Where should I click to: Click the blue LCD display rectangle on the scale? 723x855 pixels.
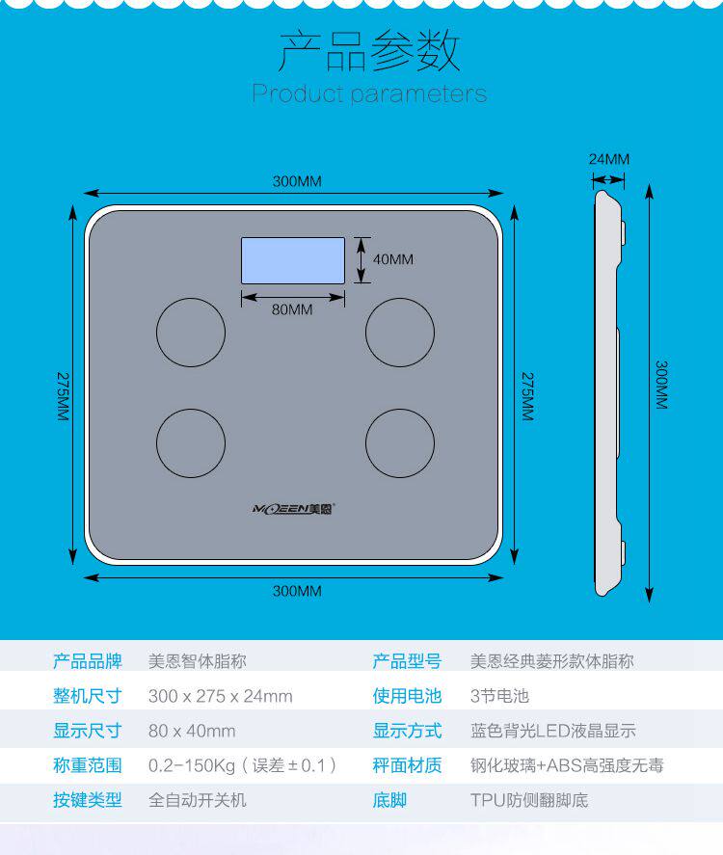point(292,260)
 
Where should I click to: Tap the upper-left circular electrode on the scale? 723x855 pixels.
point(191,333)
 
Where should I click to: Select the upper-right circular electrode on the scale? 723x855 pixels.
point(399,333)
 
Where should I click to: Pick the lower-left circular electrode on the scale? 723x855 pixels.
point(191,443)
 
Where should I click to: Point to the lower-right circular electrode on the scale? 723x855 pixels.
point(399,443)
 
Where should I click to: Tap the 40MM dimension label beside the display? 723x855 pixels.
point(392,259)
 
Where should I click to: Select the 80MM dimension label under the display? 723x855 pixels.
point(292,309)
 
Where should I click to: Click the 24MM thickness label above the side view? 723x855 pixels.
point(609,159)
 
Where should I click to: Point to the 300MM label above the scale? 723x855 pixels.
point(296,182)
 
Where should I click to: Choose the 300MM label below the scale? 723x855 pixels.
point(296,591)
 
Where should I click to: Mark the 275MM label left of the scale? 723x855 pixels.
point(63,396)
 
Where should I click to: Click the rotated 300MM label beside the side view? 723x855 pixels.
point(662,386)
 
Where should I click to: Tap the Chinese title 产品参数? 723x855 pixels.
point(369,52)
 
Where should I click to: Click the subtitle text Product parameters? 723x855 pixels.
point(369,94)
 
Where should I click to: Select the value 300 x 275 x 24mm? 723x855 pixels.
point(220,696)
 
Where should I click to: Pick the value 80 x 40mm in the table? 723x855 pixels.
point(192,731)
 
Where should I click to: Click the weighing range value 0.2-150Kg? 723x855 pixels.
point(242,765)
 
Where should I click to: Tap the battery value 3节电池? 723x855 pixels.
point(499,696)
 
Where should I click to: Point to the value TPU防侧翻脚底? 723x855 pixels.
point(528,800)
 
